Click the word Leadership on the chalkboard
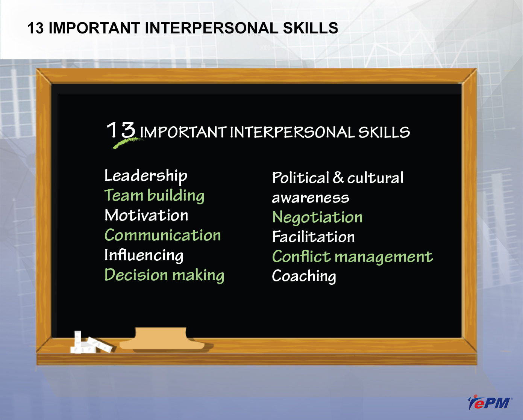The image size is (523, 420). point(146,176)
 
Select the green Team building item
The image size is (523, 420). point(154,195)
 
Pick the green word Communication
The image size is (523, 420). point(162,235)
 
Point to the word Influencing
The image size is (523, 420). point(144,255)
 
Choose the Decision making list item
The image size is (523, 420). point(164,275)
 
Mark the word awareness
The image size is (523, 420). point(310,198)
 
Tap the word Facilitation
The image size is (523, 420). point(313,236)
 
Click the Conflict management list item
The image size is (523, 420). point(352,257)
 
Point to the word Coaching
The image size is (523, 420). point(304,276)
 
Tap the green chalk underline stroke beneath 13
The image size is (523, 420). point(127,143)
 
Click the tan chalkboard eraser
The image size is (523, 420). point(162,338)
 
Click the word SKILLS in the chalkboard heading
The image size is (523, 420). point(384,132)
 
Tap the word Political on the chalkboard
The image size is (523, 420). point(300,177)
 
